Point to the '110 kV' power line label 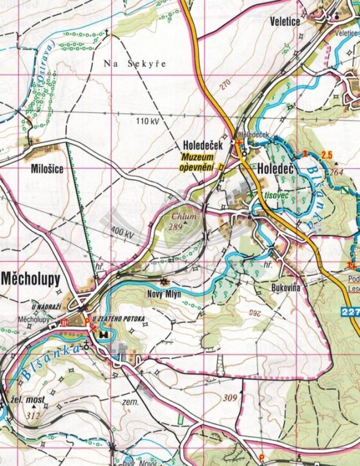click(x=148, y=121)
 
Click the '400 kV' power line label click(x=122, y=234)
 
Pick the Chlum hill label click(x=186, y=217)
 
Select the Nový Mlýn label click(x=164, y=294)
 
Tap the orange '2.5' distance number click(x=328, y=153)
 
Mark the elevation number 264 click(x=336, y=172)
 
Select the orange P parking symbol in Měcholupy click(x=86, y=321)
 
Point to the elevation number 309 click(x=231, y=398)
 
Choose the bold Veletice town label click(x=285, y=22)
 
